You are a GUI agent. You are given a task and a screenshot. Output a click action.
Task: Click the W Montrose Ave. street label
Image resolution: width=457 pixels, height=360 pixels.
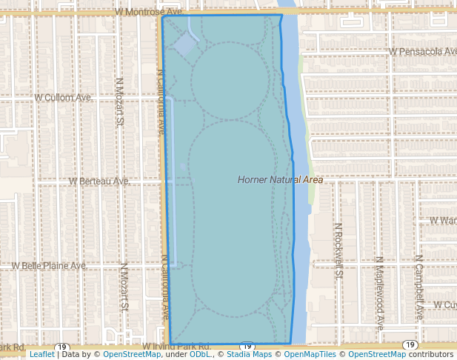[148, 13]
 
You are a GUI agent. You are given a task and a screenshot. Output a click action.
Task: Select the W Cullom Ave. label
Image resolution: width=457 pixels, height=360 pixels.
[64, 97]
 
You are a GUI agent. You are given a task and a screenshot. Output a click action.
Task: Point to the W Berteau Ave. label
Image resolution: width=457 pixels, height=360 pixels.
[99, 181]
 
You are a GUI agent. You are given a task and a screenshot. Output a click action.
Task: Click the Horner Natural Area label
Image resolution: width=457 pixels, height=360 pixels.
[281, 180]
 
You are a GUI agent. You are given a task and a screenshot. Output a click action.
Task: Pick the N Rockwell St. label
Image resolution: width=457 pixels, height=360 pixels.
[338, 251]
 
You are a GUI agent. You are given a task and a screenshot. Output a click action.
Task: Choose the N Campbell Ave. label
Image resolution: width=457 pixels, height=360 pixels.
[418, 287]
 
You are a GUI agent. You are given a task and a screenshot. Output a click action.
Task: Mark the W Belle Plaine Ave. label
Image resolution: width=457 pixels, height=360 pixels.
[49, 265]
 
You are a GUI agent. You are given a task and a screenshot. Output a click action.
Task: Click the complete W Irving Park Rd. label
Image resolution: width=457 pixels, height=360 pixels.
[177, 346]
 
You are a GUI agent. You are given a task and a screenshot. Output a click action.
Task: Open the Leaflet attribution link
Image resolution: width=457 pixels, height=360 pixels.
[41, 355]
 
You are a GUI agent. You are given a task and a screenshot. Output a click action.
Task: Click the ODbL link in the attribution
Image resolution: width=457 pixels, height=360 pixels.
[200, 355]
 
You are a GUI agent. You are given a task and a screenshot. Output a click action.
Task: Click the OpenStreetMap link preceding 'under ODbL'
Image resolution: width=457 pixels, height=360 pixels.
[132, 355]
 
